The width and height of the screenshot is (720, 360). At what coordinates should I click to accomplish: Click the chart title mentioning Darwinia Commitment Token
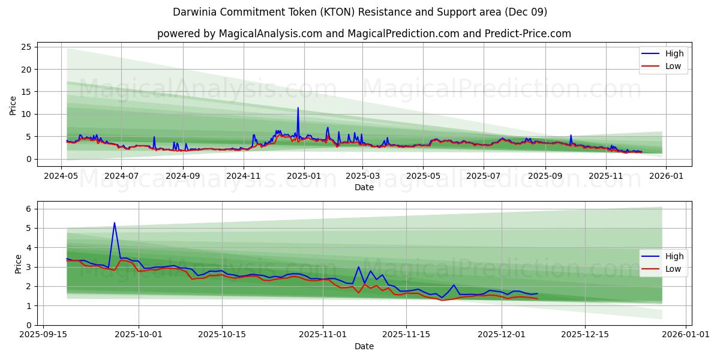(x=360, y=12)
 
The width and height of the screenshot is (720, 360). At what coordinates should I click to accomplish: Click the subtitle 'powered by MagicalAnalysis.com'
(x=364, y=34)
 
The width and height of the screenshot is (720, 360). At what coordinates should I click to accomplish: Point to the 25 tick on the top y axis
(x=27, y=47)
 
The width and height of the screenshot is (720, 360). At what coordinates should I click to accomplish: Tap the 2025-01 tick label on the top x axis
(x=304, y=176)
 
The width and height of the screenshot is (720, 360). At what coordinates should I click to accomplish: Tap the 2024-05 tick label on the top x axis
(x=62, y=176)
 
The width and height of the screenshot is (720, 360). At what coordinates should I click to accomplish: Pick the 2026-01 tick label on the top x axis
(x=667, y=176)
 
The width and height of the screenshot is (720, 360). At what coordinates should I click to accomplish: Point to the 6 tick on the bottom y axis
(x=29, y=209)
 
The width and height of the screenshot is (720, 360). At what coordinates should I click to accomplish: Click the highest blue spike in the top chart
(x=298, y=108)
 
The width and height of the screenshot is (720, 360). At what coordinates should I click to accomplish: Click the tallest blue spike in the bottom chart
(x=115, y=223)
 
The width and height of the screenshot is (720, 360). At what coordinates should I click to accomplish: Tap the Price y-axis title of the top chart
(x=13, y=105)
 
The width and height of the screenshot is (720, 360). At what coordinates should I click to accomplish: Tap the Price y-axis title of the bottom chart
(x=18, y=264)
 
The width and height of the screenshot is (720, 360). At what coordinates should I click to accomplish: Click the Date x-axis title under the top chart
(x=364, y=187)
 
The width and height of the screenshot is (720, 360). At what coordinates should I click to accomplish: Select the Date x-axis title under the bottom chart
(x=364, y=346)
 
